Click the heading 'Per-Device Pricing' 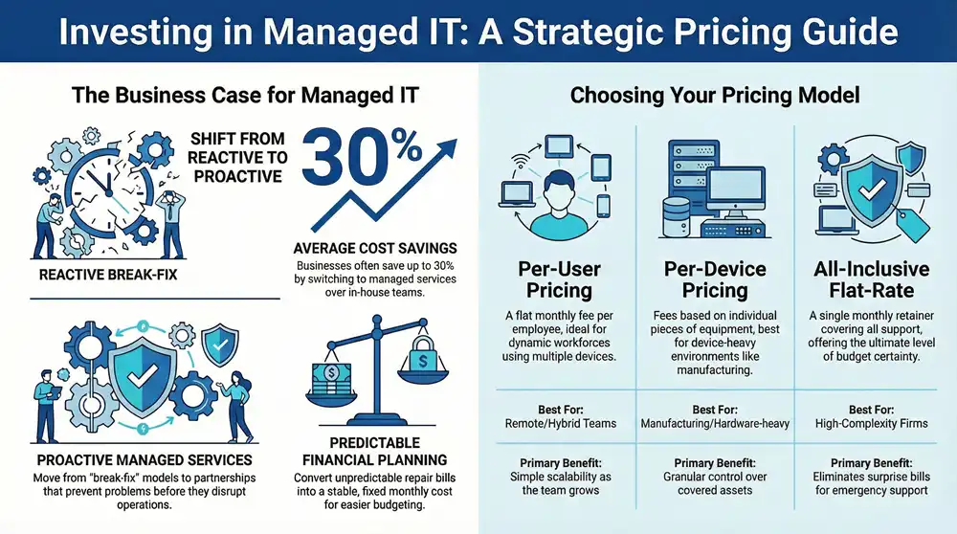click(714, 279)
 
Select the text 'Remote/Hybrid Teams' click(560, 423)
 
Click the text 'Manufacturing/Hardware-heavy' click(714, 423)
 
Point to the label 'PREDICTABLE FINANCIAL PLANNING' click(376, 452)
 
